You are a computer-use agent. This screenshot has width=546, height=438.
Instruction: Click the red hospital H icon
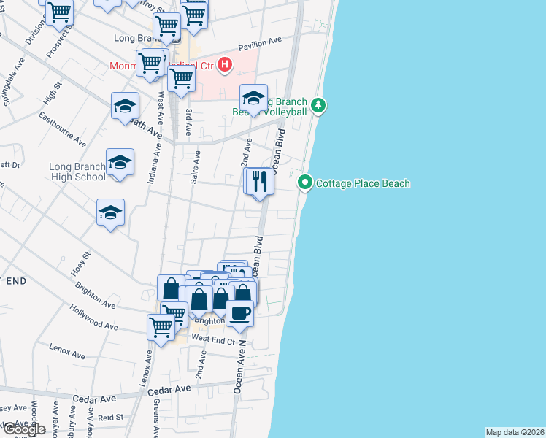point(225,65)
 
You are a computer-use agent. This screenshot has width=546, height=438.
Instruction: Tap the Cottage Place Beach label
point(363,184)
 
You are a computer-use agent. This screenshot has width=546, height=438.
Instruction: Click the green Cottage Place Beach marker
point(305,183)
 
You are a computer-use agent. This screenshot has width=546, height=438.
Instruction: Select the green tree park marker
point(318,106)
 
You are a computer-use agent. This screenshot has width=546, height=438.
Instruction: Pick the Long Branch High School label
point(77,172)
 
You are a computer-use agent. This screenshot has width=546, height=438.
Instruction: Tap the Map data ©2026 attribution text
point(515,432)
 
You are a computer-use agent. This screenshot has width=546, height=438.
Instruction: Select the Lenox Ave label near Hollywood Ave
point(69,351)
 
